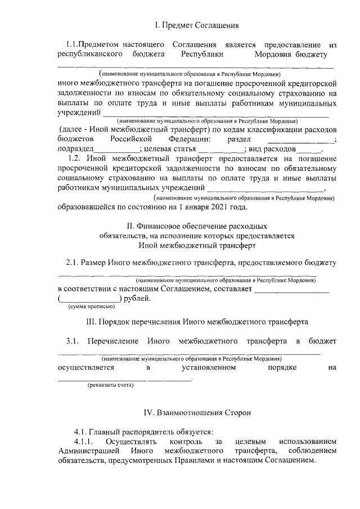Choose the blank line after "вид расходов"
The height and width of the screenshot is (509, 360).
(x=308, y=150)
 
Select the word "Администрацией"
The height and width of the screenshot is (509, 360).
(x=89, y=452)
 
